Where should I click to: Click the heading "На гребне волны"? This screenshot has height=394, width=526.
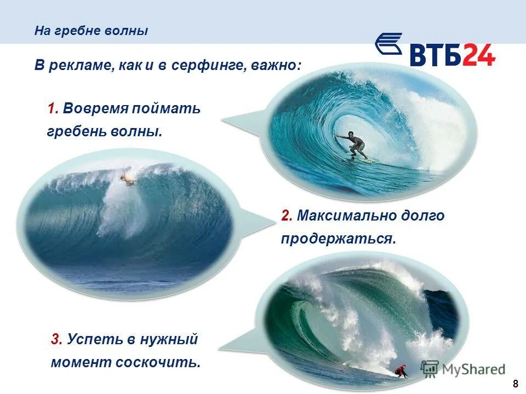tap(91, 31)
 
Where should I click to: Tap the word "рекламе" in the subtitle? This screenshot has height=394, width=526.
tap(81, 65)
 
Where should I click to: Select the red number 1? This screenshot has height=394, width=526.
tap(53, 108)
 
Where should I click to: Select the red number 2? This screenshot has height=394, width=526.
tap(287, 216)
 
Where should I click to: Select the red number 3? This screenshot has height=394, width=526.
tap(56, 339)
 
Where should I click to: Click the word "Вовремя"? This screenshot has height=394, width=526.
tap(95, 108)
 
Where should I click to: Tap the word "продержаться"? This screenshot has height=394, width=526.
tap(338, 239)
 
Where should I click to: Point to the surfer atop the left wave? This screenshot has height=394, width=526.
tap(128, 178)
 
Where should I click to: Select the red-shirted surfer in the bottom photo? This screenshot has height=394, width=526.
tap(402, 371)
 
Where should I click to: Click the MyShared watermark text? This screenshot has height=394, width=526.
tap(473, 369)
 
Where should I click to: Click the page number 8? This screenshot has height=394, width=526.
tap(515, 383)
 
